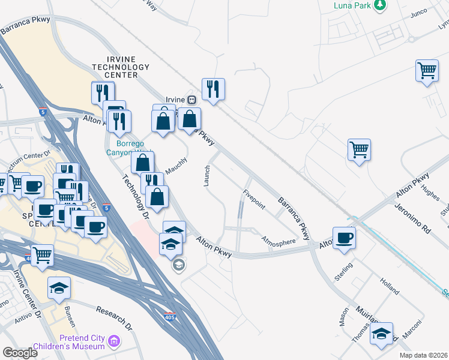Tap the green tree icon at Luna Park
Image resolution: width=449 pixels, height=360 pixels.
pyautogui.click(x=379, y=5)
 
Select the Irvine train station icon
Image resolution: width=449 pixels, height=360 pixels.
pyautogui.click(x=191, y=100)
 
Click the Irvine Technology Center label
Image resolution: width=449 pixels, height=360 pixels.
pyautogui.click(x=120, y=67)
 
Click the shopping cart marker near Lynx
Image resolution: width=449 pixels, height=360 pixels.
pyautogui.click(x=427, y=70)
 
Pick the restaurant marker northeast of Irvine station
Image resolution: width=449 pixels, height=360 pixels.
pyautogui.click(x=213, y=89)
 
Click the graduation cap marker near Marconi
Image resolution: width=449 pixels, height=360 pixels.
pyautogui.click(x=381, y=334)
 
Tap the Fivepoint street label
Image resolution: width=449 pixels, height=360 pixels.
pyautogui.click(x=254, y=199)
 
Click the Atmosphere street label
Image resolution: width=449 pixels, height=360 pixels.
pyautogui.click(x=279, y=242)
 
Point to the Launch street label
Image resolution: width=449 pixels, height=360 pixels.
pyautogui.click(x=207, y=175)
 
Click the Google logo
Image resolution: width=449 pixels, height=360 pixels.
pyautogui.click(x=20, y=353)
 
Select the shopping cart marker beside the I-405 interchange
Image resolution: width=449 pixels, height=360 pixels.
pyautogui.click(x=42, y=255)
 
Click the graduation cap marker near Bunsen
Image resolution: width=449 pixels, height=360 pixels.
pyautogui.click(x=59, y=287)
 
